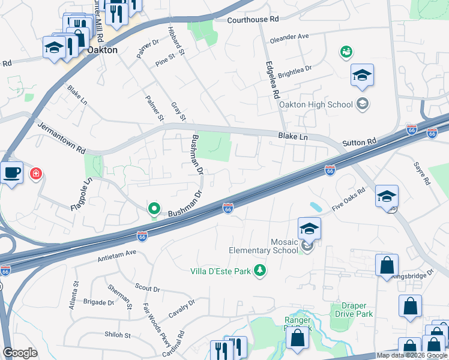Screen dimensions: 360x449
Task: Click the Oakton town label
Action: click(102, 50)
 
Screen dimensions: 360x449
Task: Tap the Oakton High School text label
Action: click(324, 104)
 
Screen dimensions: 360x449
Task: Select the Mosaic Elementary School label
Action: click(264, 245)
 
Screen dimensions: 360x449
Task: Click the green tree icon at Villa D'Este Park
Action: click(260, 271)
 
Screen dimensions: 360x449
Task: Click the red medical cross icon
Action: click(36, 174)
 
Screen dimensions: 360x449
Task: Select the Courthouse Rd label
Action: click(253, 20)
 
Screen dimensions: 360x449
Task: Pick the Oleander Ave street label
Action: click(289, 37)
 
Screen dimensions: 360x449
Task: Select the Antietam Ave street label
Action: click(117, 257)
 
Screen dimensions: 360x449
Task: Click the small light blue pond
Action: click(316, 208)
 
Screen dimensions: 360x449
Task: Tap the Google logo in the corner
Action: click(20, 353)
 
